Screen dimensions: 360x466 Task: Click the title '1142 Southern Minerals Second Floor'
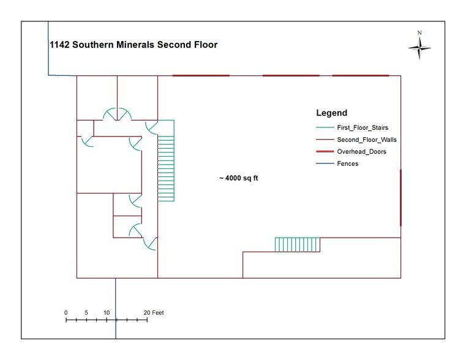pos(133,45)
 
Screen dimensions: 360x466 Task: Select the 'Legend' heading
pos(331,113)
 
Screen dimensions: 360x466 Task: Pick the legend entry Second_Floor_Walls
pos(362,140)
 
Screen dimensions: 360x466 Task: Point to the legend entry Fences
pos(347,163)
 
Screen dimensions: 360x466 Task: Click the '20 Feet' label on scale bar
pos(154,313)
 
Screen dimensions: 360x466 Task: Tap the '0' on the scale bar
pos(66,313)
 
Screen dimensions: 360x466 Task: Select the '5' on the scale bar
pos(86,313)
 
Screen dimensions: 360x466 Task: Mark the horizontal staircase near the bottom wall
pos(297,244)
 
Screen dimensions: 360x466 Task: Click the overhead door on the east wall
pos(400,197)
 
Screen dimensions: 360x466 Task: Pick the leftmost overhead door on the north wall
pos(201,75)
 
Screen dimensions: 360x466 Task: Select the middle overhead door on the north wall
pos(291,75)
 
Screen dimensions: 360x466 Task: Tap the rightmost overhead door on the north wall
pos(360,75)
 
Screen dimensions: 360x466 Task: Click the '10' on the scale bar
pos(107,313)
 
